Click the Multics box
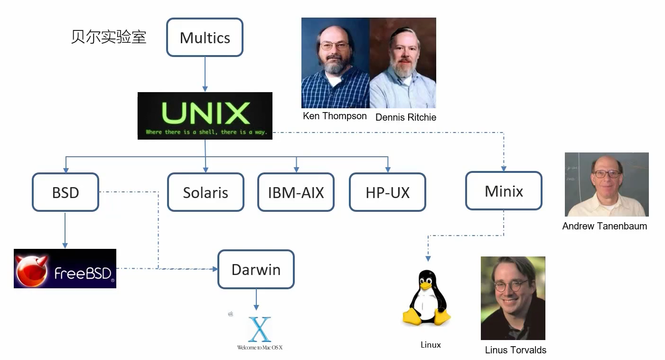click(x=205, y=38)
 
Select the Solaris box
click(x=206, y=192)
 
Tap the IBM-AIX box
click(x=296, y=192)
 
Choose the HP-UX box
click(x=387, y=192)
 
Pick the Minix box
click(x=504, y=191)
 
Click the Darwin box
click(x=256, y=269)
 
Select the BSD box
click(x=66, y=192)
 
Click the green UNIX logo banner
click(x=205, y=115)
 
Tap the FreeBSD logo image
click(x=65, y=268)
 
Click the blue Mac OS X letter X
click(x=260, y=330)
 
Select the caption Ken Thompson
click(x=335, y=116)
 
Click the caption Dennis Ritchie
click(x=405, y=117)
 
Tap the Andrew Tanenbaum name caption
click(x=604, y=226)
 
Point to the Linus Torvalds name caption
click(x=515, y=350)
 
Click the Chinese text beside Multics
click(x=109, y=37)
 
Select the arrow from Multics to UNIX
click(x=205, y=74)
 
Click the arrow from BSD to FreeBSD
click(x=65, y=230)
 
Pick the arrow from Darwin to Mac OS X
click(x=256, y=300)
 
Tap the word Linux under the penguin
click(x=431, y=345)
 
